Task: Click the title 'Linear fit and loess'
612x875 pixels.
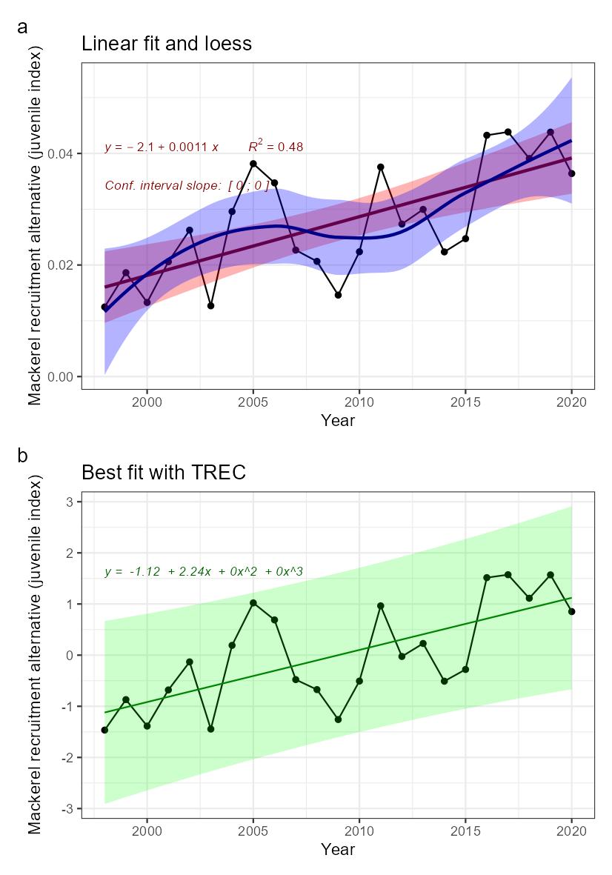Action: tap(167, 44)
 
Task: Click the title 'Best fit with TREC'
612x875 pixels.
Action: tap(163, 472)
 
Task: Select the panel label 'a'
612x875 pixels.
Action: tap(22, 27)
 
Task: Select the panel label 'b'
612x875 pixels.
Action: tap(22, 456)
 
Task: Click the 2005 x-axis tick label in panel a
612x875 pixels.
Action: tap(253, 402)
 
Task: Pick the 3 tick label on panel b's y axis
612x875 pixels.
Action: tap(70, 502)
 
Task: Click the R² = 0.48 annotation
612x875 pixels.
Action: tap(276, 146)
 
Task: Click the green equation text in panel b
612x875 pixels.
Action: tap(204, 571)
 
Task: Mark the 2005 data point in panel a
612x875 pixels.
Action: tap(253, 164)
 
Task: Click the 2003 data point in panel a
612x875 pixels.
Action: tap(210, 305)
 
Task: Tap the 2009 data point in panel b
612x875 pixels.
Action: tap(338, 719)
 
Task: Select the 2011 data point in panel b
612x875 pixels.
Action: tap(381, 605)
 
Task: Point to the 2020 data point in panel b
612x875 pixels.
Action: tap(571, 611)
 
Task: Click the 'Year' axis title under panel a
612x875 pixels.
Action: tap(338, 421)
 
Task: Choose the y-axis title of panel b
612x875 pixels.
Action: tap(36, 652)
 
